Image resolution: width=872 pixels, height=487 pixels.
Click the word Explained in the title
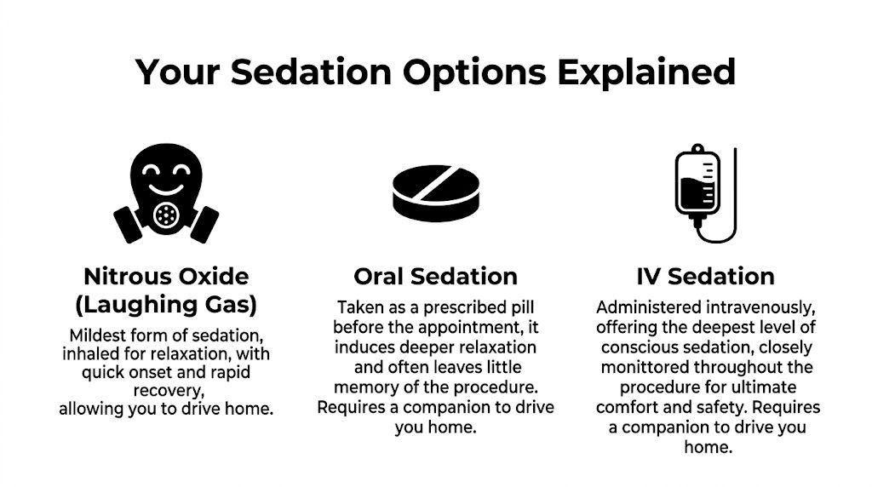(x=646, y=72)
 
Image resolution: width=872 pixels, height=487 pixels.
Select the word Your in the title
(x=178, y=72)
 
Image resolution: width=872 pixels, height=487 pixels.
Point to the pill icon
(x=435, y=191)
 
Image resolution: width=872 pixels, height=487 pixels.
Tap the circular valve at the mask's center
(x=166, y=215)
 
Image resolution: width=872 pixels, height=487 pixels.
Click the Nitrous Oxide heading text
(x=166, y=276)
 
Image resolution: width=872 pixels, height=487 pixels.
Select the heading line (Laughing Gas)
(x=166, y=304)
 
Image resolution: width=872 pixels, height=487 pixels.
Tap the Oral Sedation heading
(x=435, y=276)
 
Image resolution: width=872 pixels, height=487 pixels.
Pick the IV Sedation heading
(x=705, y=276)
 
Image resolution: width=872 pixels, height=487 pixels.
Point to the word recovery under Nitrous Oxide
(x=166, y=390)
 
